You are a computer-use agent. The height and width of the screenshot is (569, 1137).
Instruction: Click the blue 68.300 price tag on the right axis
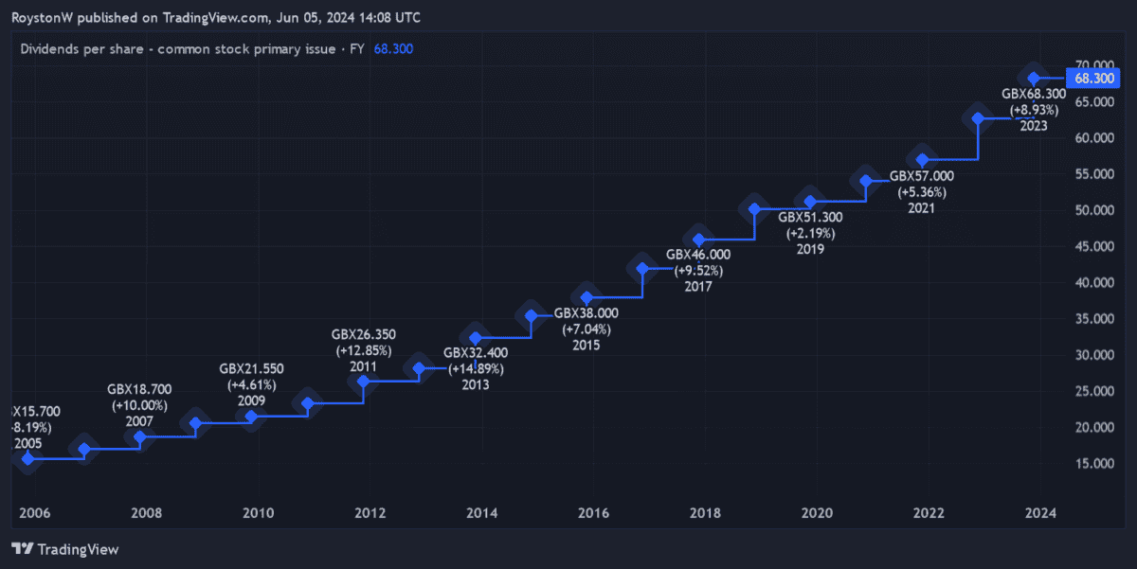[x=1094, y=78]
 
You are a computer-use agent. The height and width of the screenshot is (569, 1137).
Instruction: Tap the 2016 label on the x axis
[x=593, y=513]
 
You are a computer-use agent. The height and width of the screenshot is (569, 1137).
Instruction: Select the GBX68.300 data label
[x=1034, y=94]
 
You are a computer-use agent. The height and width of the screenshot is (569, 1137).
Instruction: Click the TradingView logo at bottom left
[x=64, y=549]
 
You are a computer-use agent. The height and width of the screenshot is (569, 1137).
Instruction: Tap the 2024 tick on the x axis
[x=1040, y=513]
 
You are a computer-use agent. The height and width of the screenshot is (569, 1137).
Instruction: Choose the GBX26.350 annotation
[x=364, y=334]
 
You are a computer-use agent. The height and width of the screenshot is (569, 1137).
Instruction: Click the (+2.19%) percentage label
[x=810, y=233]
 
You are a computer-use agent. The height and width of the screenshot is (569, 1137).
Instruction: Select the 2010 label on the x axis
[x=258, y=513]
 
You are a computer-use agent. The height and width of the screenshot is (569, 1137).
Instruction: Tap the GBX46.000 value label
[x=698, y=255]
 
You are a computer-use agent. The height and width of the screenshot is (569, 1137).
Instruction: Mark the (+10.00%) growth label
[x=139, y=405]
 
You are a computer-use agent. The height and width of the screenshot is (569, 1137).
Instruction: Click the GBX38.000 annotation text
[x=587, y=313]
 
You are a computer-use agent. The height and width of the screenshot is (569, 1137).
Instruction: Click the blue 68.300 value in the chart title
[x=393, y=48]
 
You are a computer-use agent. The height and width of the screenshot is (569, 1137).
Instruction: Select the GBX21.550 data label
[x=251, y=368]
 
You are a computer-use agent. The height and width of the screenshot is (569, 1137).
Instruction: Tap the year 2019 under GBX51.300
[x=810, y=249]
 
